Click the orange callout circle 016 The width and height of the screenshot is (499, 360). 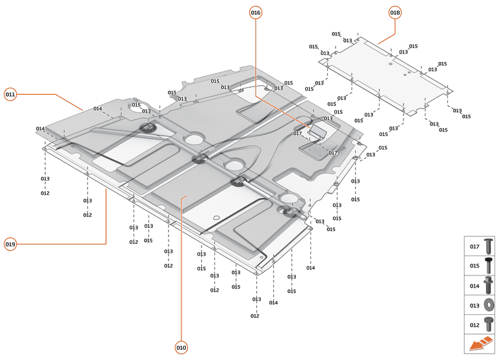click(256, 13)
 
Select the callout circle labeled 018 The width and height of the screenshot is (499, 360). click(395, 13)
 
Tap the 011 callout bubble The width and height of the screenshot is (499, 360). click(10, 94)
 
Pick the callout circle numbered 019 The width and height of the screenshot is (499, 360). click(10, 244)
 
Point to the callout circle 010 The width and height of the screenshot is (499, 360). click(181, 347)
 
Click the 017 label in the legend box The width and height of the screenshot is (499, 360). click(474, 246)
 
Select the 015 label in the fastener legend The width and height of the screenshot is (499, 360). click(474, 266)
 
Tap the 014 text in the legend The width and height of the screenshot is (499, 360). click(474, 286)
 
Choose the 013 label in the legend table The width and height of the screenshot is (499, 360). click(474, 305)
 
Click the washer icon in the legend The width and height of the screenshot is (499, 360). click(488, 305)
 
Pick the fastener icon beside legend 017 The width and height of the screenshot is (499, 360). click(488, 246)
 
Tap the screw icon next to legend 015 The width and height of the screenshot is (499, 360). click(488, 265)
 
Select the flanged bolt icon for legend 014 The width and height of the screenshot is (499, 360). click(488, 285)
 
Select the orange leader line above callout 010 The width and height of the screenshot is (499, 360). click(181, 271)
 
